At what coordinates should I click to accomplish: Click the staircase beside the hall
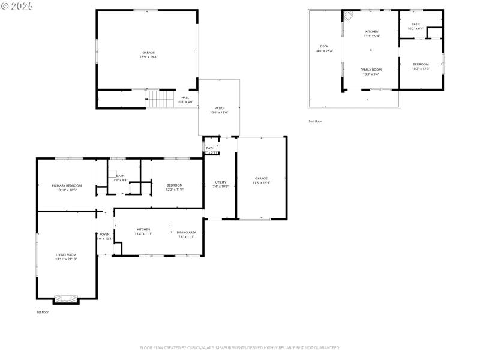tap(160, 99)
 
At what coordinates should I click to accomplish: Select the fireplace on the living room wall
tap(66, 298)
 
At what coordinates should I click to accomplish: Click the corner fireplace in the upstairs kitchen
tap(347, 17)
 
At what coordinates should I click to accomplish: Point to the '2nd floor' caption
tap(316, 121)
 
